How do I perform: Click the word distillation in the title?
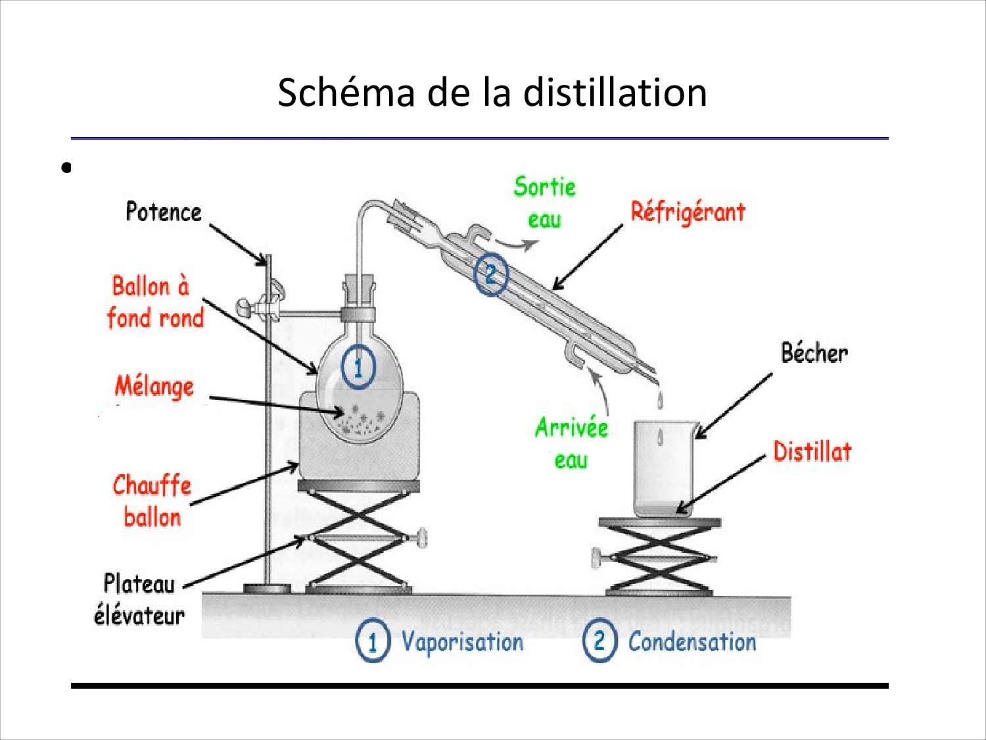click(x=615, y=92)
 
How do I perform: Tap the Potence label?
click(x=164, y=212)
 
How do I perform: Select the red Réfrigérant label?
click(x=688, y=212)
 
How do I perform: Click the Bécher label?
click(x=814, y=353)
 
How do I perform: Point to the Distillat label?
click(x=812, y=452)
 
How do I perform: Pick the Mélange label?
click(x=154, y=386)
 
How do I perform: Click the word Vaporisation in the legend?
click(x=462, y=642)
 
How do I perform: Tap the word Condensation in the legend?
click(x=692, y=642)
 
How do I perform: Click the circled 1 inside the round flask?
click(x=358, y=366)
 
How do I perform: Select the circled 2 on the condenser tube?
click(x=491, y=274)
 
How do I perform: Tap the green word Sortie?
click(x=544, y=187)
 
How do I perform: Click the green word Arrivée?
click(x=571, y=428)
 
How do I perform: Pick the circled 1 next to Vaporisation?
click(x=373, y=641)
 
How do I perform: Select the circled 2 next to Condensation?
click(x=599, y=640)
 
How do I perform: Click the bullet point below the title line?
click(x=66, y=168)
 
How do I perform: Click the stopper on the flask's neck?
click(x=359, y=290)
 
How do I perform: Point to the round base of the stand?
click(x=267, y=588)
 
